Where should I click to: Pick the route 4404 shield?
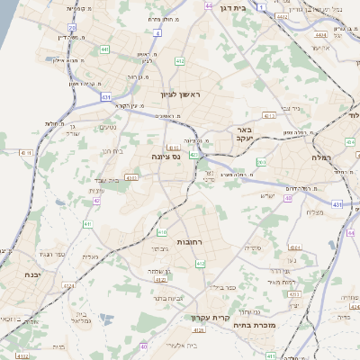click(x=320, y=35)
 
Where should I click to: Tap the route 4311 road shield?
click(x=132, y=178)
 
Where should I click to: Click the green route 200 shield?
click(x=262, y=163)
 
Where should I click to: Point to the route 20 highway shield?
click(x=72, y=28)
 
